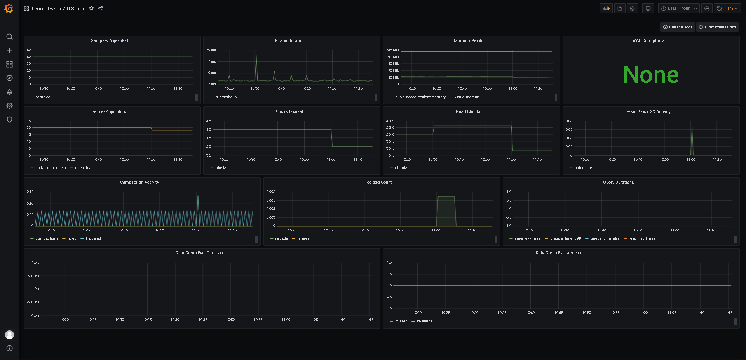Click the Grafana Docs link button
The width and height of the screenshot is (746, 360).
tap(677, 27)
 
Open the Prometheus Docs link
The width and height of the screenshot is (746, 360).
tap(717, 27)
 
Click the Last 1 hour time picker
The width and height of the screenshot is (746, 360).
tap(679, 9)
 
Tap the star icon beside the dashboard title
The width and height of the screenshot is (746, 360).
tap(91, 9)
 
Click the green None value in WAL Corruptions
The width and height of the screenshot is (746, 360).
tap(651, 75)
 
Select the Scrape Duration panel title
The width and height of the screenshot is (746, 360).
tap(289, 41)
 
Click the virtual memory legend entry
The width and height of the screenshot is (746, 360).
tap(467, 97)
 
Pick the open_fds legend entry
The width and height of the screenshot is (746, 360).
tap(83, 168)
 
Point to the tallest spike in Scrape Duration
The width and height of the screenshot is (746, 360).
tap(256, 55)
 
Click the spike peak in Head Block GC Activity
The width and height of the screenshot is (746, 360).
tap(692, 127)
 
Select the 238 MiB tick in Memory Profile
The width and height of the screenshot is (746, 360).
tap(392, 50)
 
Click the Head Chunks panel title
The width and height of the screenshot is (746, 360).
tap(468, 112)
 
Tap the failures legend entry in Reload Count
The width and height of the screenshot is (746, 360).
tap(303, 238)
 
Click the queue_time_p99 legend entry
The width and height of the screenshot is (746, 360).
tap(605, 238)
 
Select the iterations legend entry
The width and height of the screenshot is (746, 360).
tap(425, 321)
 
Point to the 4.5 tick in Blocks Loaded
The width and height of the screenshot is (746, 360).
tap(209, 121)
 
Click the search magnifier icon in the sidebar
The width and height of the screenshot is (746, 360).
tap(10, 37)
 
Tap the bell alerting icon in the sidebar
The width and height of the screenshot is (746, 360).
tap(10, 92)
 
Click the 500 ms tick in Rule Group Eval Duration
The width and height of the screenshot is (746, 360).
tap(33, 276)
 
